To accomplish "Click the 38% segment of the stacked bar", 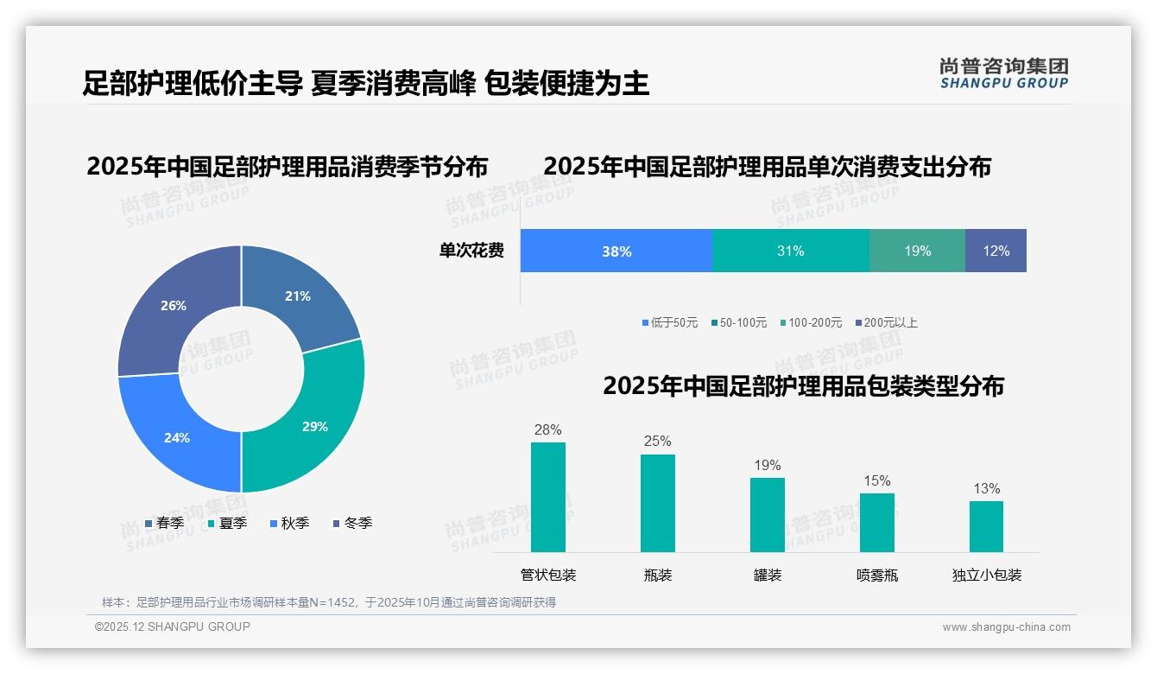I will (616, 251).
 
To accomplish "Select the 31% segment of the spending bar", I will (790, 251).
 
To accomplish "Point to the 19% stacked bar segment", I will (917, 251).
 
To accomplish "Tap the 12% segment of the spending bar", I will (996, 251).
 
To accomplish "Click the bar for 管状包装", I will (548, 497).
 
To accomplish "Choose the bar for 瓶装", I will (658, 503).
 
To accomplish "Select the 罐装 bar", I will (768, 515).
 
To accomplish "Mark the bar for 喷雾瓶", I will (877, 523).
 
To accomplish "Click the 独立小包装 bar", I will (986, 526).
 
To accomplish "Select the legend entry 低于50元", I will (670, 323).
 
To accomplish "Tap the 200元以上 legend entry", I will (886, 323).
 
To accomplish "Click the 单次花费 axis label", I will (471, 251).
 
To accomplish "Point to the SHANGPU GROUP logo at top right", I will (1004, 73).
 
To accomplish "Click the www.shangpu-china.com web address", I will (1006, 627).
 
